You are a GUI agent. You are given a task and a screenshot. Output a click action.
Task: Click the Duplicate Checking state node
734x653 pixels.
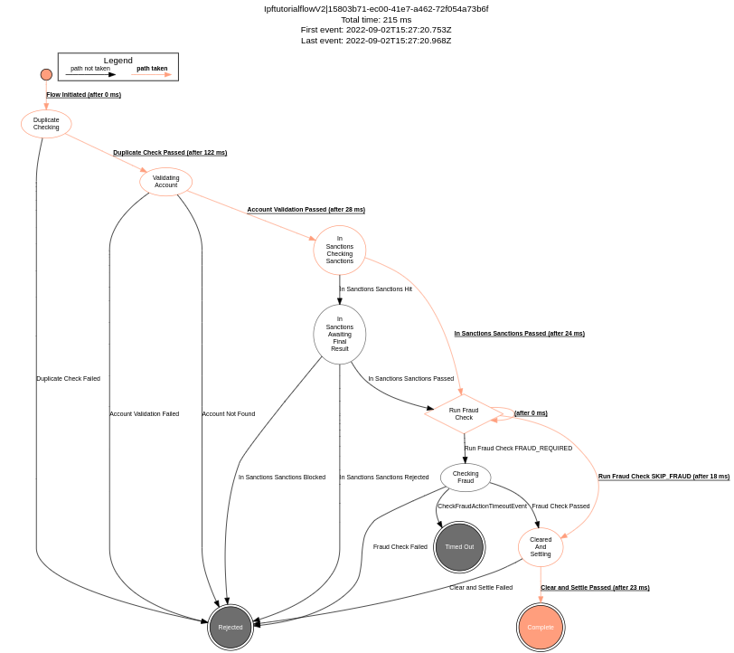46,124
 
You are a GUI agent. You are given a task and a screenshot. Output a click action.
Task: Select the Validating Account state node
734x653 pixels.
165,182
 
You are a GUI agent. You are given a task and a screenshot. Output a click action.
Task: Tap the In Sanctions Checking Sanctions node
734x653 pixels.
340,251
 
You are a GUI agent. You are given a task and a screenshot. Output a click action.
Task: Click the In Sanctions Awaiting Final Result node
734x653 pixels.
340,334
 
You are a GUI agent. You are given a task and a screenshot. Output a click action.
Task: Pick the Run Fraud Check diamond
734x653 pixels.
464,414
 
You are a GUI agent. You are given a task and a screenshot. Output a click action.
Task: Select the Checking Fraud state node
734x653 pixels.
466,478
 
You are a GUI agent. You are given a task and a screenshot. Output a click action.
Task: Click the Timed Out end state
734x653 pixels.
459,547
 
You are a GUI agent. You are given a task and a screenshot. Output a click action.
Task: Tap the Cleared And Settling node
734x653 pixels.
541,547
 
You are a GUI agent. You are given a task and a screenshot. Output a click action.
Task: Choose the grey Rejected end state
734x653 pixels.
231,627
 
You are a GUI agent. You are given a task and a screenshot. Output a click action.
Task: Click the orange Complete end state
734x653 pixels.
541,627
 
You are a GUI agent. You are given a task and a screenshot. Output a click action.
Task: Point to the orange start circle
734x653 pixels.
46,75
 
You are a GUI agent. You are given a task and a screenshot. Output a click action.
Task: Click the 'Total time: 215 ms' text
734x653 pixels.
375,20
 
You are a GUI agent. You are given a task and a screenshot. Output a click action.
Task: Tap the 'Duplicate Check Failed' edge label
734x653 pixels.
68,379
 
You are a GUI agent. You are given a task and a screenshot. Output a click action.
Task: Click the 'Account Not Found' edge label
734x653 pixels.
228,414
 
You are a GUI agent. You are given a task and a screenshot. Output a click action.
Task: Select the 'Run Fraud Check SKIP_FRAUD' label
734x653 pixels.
663,477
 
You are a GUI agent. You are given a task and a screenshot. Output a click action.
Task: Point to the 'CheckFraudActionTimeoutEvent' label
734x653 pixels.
482,506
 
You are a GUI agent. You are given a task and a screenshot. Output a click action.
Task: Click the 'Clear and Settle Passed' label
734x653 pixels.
595,588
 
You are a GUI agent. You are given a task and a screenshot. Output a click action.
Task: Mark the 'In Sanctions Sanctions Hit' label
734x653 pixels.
375,289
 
